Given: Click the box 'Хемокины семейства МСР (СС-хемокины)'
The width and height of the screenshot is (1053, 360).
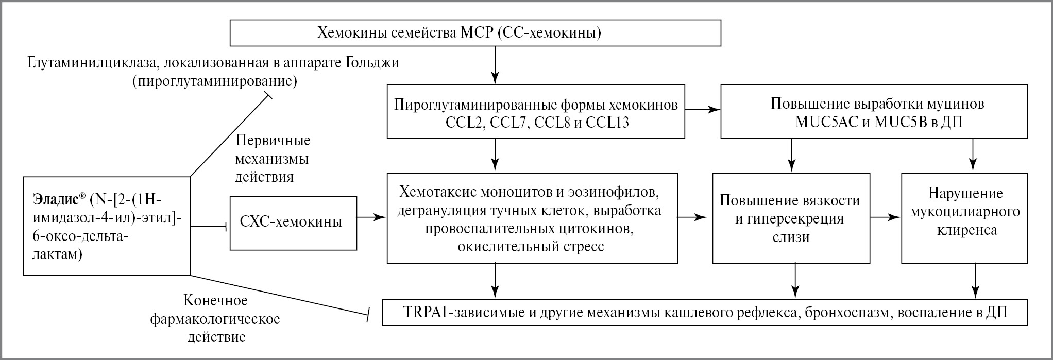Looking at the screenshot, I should (x=474, y=33).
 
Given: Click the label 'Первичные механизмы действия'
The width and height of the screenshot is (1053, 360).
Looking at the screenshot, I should (x=272, y=159).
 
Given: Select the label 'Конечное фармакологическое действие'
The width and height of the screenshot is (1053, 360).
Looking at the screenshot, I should (x=216, y=319).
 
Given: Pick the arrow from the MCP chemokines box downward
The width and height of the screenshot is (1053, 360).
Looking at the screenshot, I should (x=495, y=65).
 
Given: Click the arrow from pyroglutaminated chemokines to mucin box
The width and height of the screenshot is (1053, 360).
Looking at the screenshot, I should (x=702, y=110).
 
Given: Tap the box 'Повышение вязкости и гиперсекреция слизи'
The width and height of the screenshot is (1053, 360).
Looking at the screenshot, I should (x=790, y=218).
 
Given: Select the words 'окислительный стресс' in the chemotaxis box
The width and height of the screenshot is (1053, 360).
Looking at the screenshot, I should (x=531, y=246).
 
